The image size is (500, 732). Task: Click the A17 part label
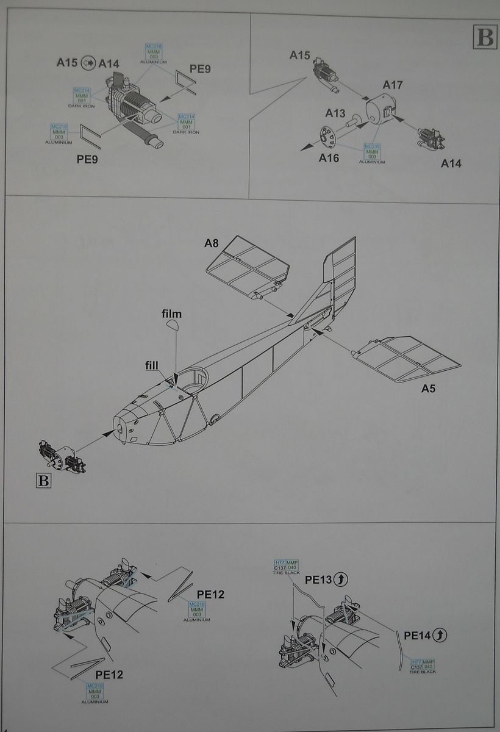click(x=393, y=85)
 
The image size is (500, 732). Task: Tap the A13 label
click(x=335, y=113)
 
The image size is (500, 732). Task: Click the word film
click(x=171, y=314)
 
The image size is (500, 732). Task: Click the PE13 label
click(x=318, y=579)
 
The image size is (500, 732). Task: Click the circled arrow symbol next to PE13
click(x=341, y=579)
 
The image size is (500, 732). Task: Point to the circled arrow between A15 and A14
click(x=89, y=62)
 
